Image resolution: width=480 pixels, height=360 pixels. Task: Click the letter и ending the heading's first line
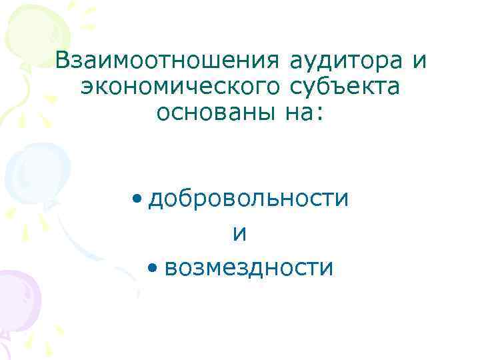click(419, 61)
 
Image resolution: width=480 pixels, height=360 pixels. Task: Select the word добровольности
click(249, 198)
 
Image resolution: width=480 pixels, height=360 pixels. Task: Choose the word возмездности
click(248, 268)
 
